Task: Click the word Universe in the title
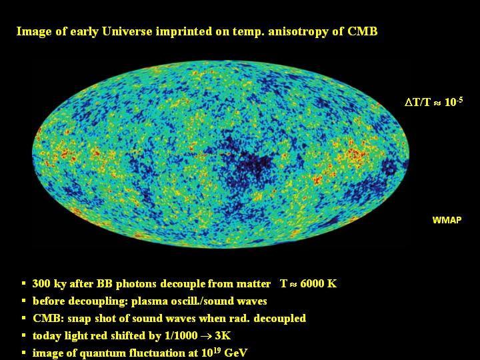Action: (x=127, y=31)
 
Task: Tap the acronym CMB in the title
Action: (x=363, y=31)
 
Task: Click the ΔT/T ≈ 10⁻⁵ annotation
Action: (x=433, y=101)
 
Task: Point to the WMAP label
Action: (x=447, y=220)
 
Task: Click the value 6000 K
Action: (x=319, y=284)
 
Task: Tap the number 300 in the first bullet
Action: (x=41, y=284)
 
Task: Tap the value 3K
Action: (x=223, y=336)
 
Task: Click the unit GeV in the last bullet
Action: (x=235, y=353)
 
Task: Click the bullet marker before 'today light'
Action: (x=24, y=335)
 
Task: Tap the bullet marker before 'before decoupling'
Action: (x=24, y=301)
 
